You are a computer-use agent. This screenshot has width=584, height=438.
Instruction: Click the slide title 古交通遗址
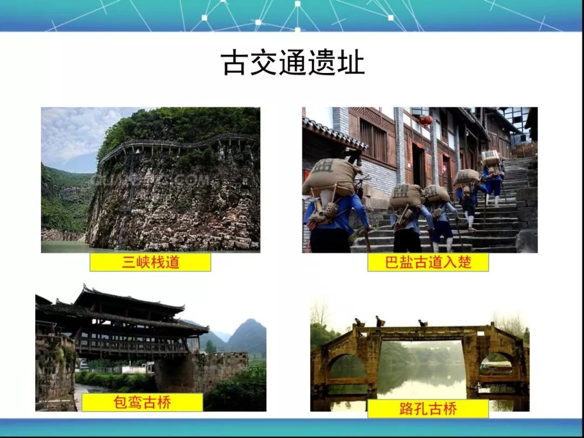click(x=293, y=63)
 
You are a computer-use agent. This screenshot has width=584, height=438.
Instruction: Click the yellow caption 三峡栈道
click(x=150, y=262)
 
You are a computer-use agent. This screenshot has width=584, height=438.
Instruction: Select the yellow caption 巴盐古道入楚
click(x=428, y=262)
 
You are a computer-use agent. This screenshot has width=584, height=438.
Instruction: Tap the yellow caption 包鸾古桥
click(x=142, y=402)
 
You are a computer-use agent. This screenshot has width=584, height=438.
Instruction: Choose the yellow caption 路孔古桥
click(x=428, y=409)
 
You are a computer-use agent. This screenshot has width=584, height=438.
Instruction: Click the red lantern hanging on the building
click(x=426, y=120)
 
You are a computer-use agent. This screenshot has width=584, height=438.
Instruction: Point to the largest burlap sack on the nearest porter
click(x=330, y=176)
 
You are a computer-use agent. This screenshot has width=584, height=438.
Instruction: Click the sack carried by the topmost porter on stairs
click(x=490, y=158)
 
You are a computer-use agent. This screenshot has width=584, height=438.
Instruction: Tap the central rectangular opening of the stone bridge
click(x=422, y=369)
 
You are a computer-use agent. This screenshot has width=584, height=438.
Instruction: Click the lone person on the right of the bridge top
click(x=422, y=323)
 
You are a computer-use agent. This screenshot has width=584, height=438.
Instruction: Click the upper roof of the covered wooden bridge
click(x=129, y=301)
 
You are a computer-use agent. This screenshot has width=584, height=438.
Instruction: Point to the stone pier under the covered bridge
click(x=201, y=373)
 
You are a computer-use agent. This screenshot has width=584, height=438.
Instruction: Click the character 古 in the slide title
click(x=234, y=63)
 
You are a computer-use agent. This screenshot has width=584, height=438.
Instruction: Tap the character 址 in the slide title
click(x=351, y=63)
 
